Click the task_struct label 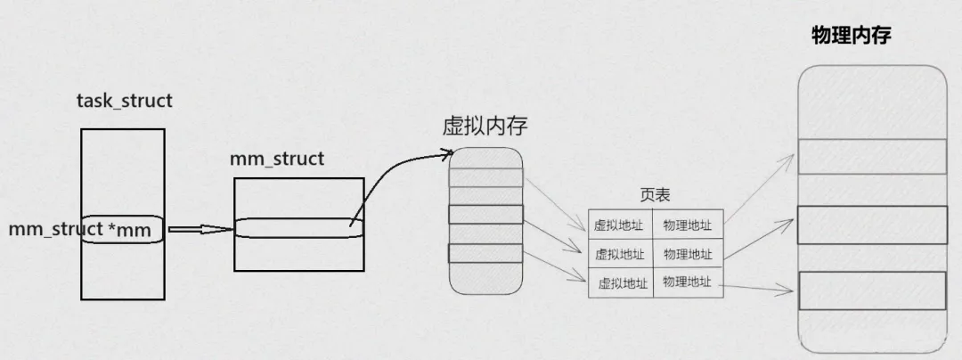coord(125,101)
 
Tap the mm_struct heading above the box coord(277,160)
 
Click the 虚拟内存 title coord(485,126)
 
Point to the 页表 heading coord(655,194)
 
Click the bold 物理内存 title coord(852,36)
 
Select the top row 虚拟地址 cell coord(619,225)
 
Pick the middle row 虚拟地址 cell coord(619,254)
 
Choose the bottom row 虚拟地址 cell coord(621,283)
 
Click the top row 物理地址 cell coord(688,225)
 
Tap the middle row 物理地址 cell coord(688,254)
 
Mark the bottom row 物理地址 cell coord(688,282)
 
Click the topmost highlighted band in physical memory coord(871,156)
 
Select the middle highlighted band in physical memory coord(871,225)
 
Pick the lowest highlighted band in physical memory coord(871,290)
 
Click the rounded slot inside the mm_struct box coord(299,228)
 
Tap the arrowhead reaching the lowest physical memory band coord(791,289)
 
